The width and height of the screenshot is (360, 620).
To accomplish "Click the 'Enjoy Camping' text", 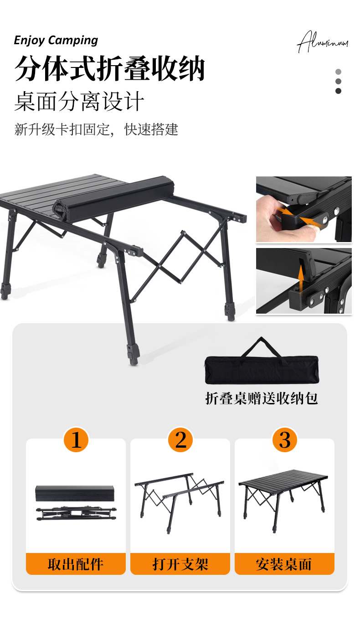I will point(56,40).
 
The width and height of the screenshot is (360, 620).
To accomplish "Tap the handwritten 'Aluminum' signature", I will point(323,42).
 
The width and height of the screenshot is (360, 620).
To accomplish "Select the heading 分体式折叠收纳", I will point(109,69).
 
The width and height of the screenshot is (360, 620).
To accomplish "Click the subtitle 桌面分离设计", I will point(79,101).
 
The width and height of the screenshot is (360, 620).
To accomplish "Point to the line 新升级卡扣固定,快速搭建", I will point(96,129).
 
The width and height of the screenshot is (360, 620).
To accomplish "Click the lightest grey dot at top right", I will point(338,72).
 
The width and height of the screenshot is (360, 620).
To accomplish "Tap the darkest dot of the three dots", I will point(338,91).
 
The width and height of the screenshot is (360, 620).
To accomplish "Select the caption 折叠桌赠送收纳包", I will point(261,398).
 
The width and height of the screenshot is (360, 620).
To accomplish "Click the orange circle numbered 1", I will point(76,440).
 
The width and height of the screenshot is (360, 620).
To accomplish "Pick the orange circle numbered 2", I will point(180,440).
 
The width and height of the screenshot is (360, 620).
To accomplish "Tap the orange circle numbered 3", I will point(285,440).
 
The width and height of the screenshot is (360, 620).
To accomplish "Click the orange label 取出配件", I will point(76,564).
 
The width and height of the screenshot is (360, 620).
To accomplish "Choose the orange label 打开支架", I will point(180,564).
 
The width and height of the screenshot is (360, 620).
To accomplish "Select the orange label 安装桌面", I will point(284,564).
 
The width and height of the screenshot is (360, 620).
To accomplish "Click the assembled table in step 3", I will point(283,495).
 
